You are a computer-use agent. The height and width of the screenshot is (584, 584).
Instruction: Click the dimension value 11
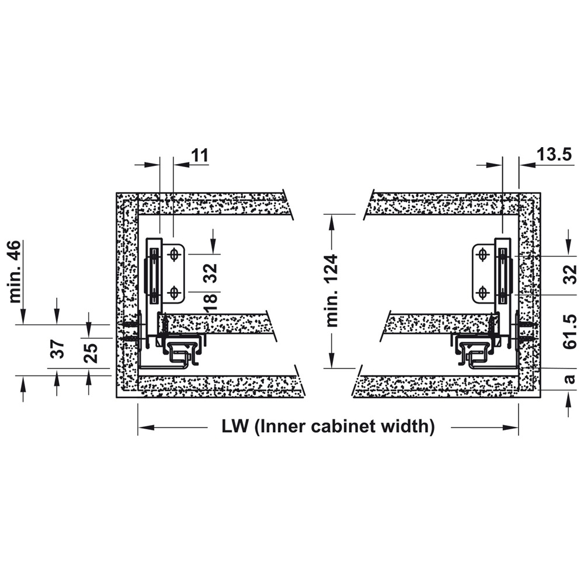200,155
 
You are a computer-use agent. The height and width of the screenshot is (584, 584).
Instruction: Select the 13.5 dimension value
554,154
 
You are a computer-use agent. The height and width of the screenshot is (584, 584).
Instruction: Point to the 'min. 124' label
332,290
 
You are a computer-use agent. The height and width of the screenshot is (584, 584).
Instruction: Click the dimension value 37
58,349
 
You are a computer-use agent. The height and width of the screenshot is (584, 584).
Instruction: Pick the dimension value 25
91,353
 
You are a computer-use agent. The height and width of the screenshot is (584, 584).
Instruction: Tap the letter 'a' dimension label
570,379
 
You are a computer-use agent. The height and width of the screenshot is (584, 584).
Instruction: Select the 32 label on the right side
570,274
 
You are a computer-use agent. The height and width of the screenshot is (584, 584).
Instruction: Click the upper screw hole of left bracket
173,255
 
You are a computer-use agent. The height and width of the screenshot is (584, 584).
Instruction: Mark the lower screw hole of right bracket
483,293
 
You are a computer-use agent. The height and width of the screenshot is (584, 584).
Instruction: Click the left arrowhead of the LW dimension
146,427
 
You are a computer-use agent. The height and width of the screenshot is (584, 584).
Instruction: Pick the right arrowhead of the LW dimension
510,427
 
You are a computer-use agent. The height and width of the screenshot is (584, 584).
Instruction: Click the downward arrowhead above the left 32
213,246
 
